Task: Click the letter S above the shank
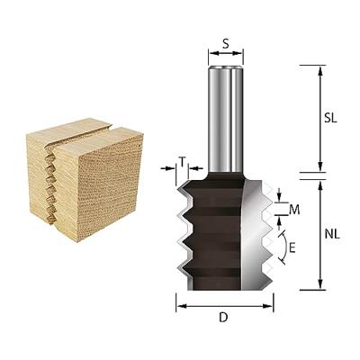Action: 226,44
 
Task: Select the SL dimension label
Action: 330,118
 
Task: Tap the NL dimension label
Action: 332,234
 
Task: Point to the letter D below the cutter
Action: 223,318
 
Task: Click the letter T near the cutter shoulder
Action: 183,162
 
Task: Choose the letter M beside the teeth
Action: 294,211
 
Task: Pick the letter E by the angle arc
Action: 292,248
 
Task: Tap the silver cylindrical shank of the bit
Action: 226,118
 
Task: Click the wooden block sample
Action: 85,179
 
